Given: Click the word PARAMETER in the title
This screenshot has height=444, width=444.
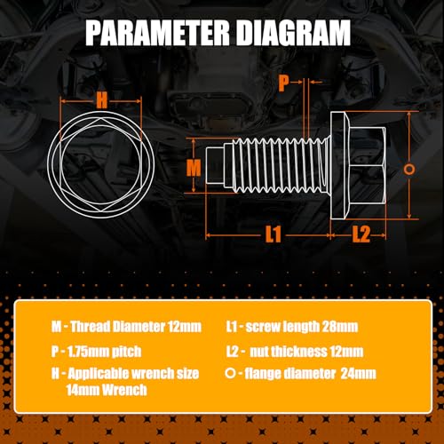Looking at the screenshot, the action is coord(158,33).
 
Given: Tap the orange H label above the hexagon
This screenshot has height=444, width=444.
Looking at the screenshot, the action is coord(101,100).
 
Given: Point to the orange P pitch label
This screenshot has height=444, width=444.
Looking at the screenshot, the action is coord(283,83).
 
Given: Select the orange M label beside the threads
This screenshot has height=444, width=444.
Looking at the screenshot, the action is coord(194,168).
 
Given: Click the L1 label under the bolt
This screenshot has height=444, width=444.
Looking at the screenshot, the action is coord(273,234).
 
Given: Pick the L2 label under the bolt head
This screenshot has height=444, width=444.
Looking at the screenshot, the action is coord(361,234).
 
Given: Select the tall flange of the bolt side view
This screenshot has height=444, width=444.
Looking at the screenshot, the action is coord(339,165).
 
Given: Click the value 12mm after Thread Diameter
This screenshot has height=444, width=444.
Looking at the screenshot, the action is coord(185,327).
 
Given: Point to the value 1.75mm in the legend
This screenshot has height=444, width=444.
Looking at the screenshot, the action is coord(84,352).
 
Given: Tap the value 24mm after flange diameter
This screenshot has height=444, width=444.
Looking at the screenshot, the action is coord(358,374).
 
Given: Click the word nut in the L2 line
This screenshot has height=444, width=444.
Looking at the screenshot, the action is coord(259,352).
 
